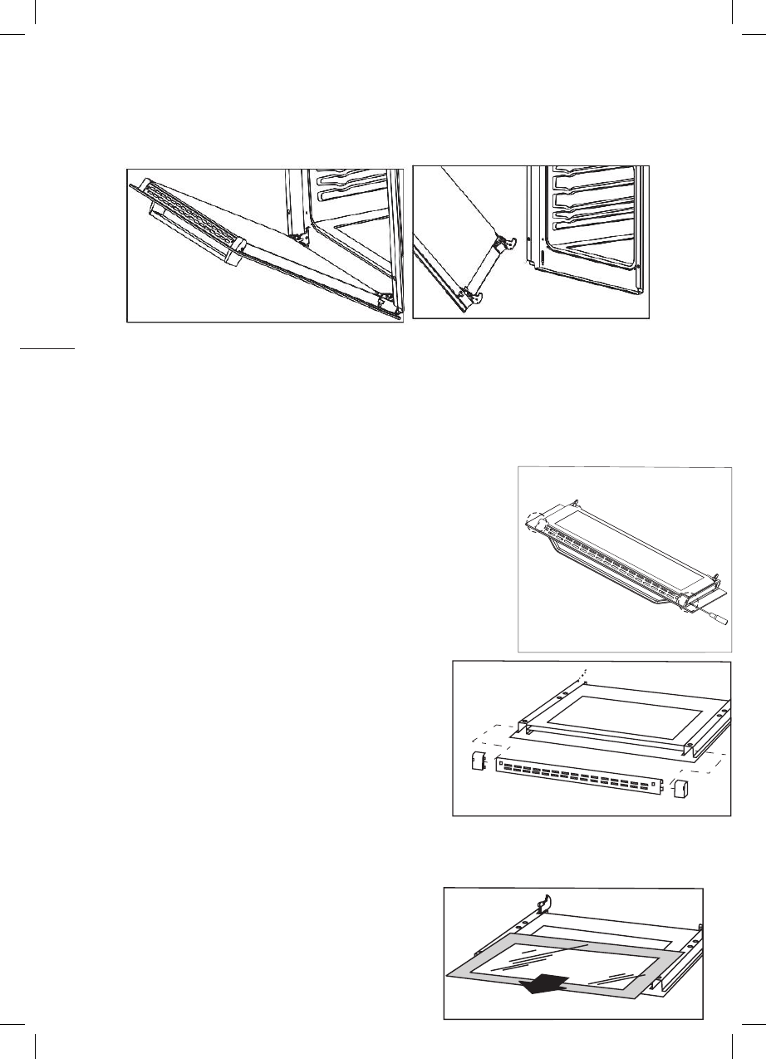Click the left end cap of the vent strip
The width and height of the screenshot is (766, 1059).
478,764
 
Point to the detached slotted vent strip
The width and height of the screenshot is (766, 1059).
580,776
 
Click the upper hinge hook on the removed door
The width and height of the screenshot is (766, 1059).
509,241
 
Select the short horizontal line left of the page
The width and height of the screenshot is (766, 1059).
47,350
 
